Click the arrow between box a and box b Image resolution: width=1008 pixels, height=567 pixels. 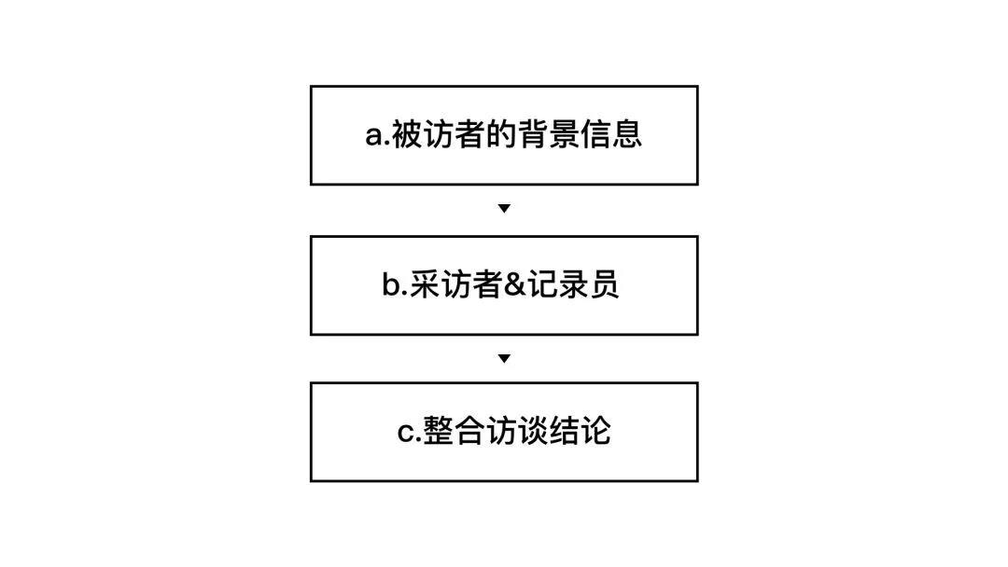point(504,209)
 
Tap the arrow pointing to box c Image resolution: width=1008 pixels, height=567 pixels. point(504,358)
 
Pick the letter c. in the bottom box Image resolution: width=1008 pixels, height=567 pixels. point(409,433)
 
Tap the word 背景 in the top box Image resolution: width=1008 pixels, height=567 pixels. point(548,135)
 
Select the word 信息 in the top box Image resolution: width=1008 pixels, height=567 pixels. point(611,135)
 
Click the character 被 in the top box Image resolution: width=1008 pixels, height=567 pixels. point(407,135)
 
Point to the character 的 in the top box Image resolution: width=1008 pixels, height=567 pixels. point(501,135)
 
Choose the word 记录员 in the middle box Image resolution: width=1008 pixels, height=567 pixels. point(573,285)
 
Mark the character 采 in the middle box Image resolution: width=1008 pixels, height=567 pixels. point(425,285)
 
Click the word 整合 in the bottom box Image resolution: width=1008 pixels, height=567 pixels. point(455,433)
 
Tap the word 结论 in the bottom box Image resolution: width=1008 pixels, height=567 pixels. point(580,433)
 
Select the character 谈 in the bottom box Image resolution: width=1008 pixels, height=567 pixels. point(533,433)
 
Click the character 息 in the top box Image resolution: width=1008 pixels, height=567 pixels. point(627,135)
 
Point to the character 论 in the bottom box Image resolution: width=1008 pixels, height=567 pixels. point(595,433)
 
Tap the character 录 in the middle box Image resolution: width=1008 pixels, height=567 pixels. point(573,285)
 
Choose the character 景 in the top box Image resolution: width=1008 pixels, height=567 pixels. point(564,135)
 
